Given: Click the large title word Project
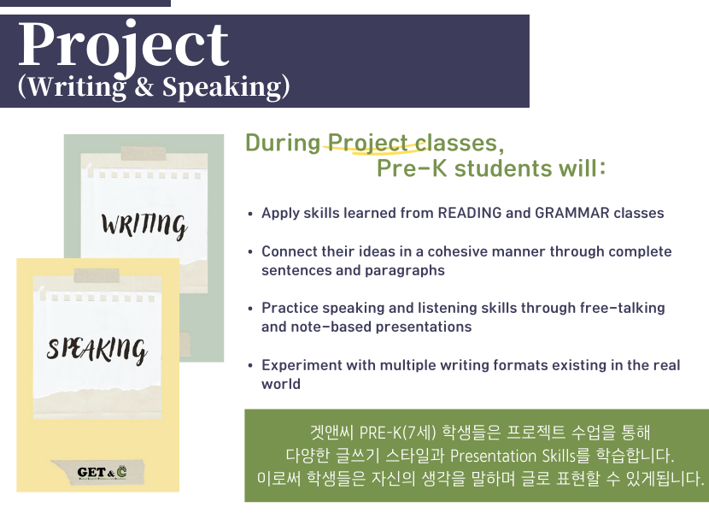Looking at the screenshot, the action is pos(124,45).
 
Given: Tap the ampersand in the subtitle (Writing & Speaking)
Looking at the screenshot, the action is pos(144,86).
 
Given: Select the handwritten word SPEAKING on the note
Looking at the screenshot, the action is pos(97,350).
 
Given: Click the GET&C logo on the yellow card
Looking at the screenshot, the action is pos(102,473).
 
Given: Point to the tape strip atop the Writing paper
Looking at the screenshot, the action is pos(144,154).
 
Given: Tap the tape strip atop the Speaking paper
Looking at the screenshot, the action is pos(97,275).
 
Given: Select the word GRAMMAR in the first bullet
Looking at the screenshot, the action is pos(571,213).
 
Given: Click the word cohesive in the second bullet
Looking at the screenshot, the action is pos(457,251).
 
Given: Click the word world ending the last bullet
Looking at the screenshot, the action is pos(281,384).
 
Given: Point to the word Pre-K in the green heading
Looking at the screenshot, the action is pos(412,168).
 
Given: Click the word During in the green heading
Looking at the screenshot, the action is pos(283,143).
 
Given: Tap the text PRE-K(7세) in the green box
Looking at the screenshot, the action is pos(397,433).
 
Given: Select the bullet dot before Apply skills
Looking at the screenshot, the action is pos(250,214).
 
